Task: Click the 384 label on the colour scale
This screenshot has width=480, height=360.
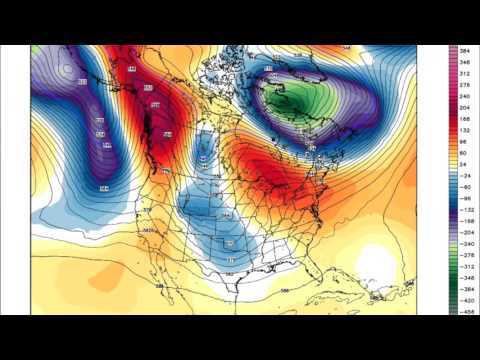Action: coord(465,50)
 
